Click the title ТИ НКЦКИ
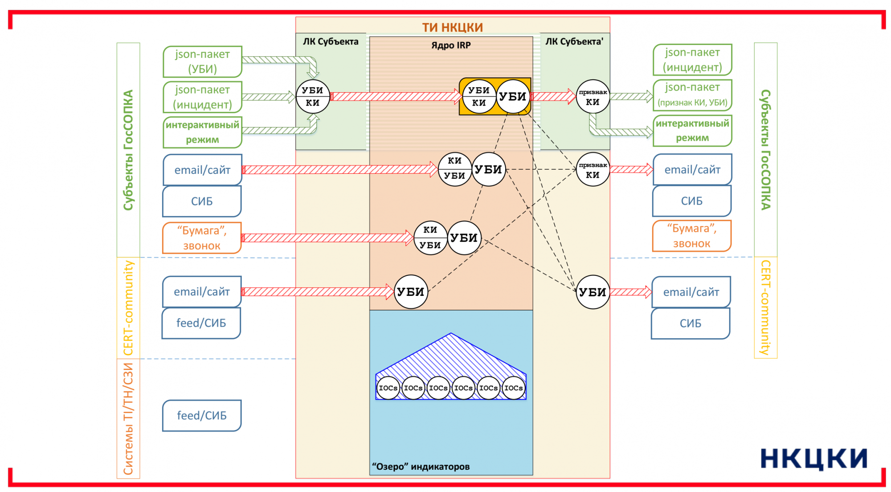tap(452, 27)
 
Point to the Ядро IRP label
tap(451, 45)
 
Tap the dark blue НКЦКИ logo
tap(813, 459)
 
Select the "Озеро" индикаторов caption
tap(421, 467)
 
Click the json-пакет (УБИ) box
tap(202, 61)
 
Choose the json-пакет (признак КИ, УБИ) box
tap(692, 94)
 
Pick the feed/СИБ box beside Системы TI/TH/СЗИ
tap(202, 415)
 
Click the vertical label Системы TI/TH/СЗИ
tap(128, 418)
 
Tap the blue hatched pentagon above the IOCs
tap(450, 357)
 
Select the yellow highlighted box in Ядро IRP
tap(495, 97)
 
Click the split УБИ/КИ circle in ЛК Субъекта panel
tap(313, 96)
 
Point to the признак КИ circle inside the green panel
tap(593, 97)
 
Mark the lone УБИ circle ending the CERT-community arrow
tap(411, 292)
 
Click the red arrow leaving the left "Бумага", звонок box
tap(327, 238)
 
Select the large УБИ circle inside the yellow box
tap(513, 97)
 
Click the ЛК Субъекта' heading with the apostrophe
tap(574, 41)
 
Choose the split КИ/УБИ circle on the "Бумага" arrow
tap(430, 238)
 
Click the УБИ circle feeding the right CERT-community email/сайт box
tap(593, 292)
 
